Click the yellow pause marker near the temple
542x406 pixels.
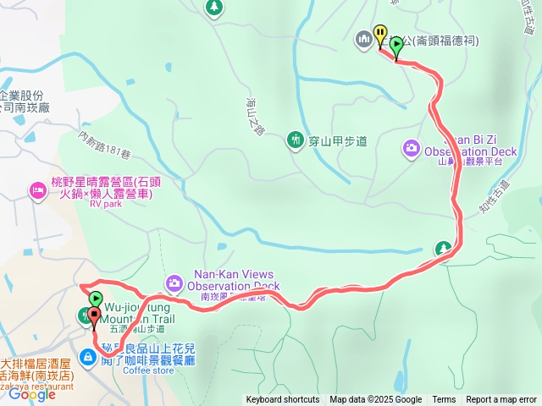[x=380, y=35]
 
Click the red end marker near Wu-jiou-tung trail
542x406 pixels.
[x=93, y=317]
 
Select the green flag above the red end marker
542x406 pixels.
[x=96, y=299]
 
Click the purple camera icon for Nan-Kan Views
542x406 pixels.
[x=174, y=283]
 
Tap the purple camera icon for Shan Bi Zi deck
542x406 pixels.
[x=411, y=149]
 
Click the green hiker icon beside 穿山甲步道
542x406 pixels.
[x=296, y=139]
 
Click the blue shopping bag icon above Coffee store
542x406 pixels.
[x=89, y=356]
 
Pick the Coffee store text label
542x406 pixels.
[x=147, y=370]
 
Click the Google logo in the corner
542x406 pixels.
[x=31, y=394]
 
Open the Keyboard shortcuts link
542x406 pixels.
[x=283, y=400]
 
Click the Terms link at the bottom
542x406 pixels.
[x=444, y=400]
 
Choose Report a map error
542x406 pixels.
[x=501, y=400]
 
